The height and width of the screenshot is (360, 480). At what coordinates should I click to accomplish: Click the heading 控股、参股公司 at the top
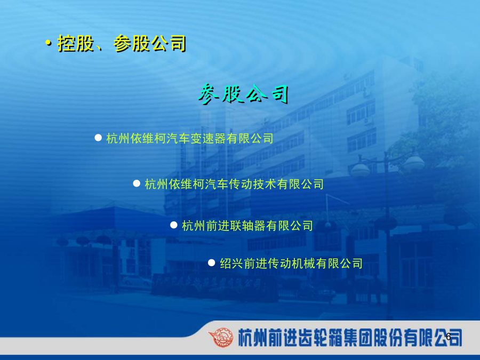click(122, 44)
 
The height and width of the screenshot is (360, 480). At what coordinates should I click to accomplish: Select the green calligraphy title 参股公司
click(243, 94)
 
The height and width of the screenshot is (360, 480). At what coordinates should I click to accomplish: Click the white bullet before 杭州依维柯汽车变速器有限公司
click(98, 138)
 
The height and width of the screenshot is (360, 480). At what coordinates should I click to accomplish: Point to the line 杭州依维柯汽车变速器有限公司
click(190, 138)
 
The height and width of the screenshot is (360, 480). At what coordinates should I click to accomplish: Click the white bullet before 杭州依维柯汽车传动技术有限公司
click(137, 183)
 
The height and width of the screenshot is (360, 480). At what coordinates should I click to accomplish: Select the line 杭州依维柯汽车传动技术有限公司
click(234, 184)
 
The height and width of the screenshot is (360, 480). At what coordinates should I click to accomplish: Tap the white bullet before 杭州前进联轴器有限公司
click(174, 225)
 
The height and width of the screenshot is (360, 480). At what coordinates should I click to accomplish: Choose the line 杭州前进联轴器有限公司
click(247, 226)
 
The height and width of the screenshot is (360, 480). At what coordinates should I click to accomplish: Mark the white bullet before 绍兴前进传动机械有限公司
click(212, 262)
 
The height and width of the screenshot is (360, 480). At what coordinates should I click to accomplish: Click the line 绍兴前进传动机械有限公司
click(291, 263)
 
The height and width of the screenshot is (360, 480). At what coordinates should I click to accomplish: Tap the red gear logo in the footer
click(220, 338)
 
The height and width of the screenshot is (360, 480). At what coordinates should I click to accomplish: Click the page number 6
click(449, 337)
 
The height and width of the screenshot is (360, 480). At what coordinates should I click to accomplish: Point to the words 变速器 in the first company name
click(208, 138)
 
